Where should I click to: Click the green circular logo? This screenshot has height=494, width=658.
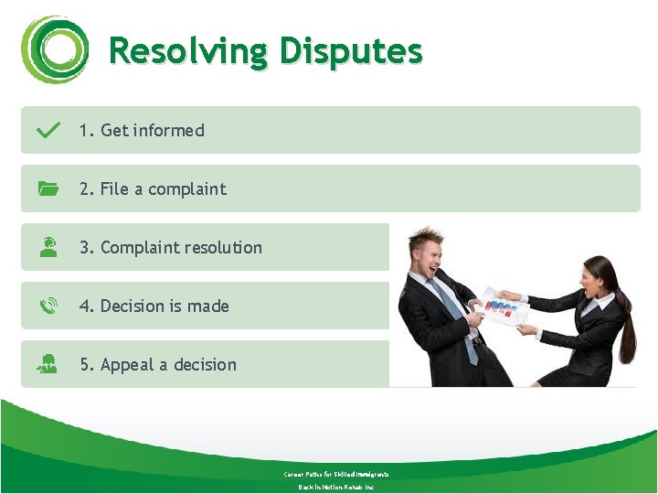[x=55, y=49]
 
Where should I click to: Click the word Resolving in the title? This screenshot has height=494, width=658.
[x=188, y=51]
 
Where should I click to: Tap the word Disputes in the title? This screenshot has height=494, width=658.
[x=351, y=51]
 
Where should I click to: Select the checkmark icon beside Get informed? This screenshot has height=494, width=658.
[x=48, y=130]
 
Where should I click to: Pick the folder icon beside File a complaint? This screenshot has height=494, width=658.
[x=48, y=189]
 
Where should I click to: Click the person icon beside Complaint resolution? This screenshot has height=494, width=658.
[x=48, y=247]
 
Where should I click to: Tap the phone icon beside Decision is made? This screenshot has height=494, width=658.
[x=48, y=306]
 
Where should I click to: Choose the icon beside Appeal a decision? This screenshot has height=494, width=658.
[x=48, y=364]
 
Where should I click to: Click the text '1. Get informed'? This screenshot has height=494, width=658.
[x=142, y=131]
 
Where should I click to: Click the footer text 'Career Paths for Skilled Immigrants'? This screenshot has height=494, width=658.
[x=336, y=474]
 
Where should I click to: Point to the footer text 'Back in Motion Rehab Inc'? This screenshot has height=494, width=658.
[x=336, y=487]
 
